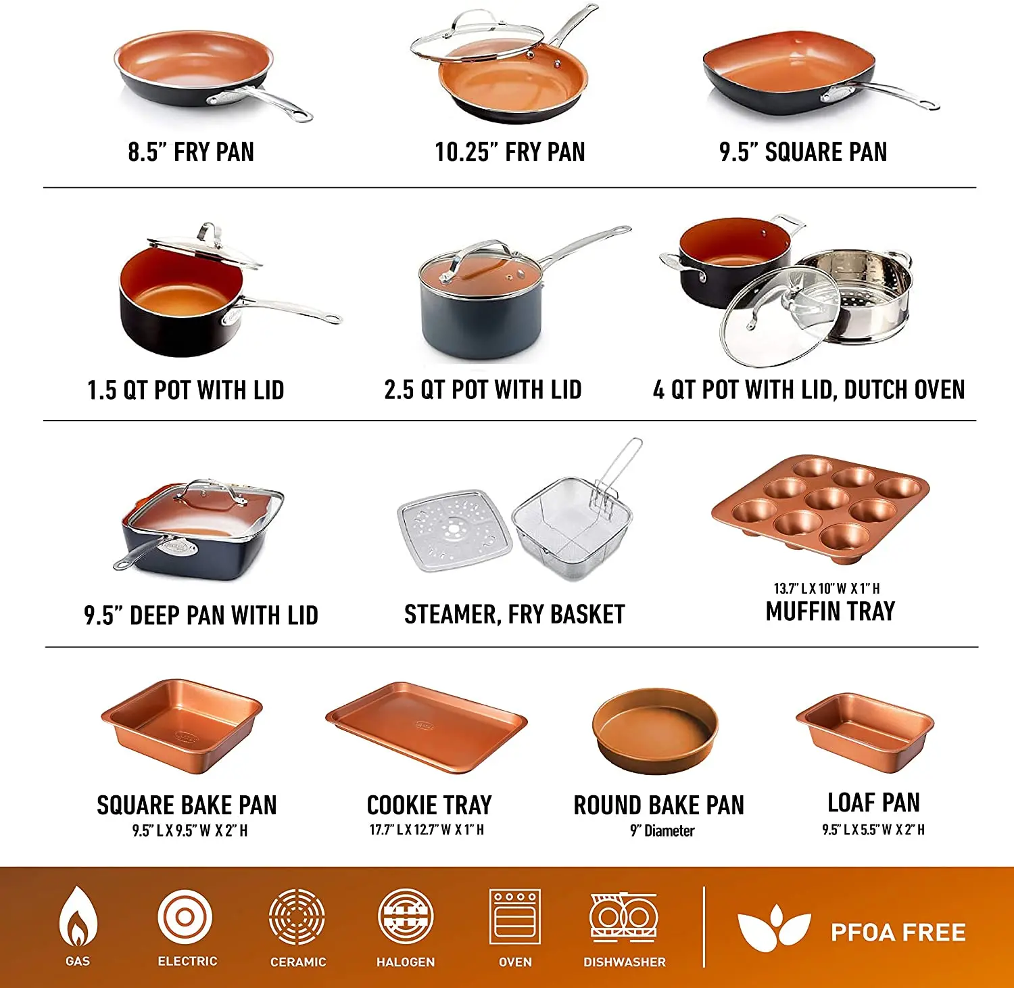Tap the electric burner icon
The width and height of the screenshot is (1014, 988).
(185, 918)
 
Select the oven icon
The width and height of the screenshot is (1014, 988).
(514, 916)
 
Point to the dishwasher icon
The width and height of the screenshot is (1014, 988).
(623, 917)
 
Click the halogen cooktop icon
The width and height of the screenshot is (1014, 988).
(406, 917)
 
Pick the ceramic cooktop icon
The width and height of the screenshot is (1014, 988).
(297, 917)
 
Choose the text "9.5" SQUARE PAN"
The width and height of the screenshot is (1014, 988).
(803, 152)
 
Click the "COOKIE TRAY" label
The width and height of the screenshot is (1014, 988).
(429, 805)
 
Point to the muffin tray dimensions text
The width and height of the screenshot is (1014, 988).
(827, 588)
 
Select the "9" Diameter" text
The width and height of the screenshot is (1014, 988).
(662, 831)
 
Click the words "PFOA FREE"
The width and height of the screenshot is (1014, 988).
(898, 933)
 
